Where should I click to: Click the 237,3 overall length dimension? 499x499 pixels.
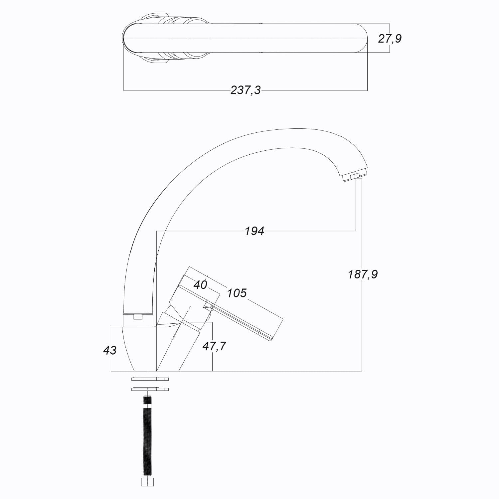click(x=246, y=90)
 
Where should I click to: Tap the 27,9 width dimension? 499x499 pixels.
click(x=390, y=39)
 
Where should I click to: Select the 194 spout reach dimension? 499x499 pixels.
click(x=254, y=231)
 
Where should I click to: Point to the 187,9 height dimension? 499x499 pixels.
click(x=363, y=274)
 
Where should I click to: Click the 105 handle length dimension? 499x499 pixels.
click(x=237, y=293)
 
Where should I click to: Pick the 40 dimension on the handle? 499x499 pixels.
click(x=200, y=285)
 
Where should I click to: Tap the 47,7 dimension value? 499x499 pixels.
click(x=214, y=346)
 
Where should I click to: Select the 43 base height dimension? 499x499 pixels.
click(x=110, y=350)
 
